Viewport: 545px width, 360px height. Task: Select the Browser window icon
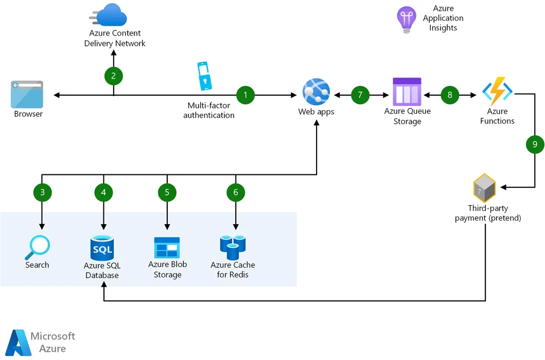pos(28,93)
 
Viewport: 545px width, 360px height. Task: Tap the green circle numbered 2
pos(113,76)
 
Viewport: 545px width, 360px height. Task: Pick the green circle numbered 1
pos(245,95)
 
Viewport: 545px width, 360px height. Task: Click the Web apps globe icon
pos(315,92)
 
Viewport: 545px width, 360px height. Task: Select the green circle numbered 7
pos(360,95)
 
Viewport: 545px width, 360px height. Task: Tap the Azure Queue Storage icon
pos(407,92)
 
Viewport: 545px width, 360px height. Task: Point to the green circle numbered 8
pos(450,95)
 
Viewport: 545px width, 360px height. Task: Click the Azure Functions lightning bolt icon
pos(497,91)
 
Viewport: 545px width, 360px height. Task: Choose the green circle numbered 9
pos(535,145)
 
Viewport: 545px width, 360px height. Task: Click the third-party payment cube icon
pos(484,188)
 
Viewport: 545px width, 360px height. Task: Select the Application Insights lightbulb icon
pos(406,20)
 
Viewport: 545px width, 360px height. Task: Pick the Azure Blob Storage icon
pos(167,247)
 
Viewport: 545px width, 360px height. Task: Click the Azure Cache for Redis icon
pos(233,247)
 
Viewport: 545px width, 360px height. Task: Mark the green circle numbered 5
pos(167,192)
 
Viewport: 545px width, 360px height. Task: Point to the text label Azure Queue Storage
pos(407,116)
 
